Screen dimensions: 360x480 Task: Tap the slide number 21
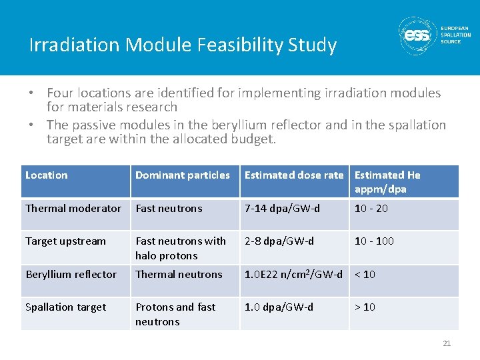tap(447, 343)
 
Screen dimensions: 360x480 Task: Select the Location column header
tap(47, 175)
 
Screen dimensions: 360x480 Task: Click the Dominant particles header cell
tap(183, 175)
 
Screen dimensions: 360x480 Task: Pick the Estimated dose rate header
tap(294, 175)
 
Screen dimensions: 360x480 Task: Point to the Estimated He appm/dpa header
tap(387, 182)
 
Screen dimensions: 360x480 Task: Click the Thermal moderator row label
tap(73, 209)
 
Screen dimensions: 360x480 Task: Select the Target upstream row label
tap(65, 241)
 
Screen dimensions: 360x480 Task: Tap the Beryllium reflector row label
tap(71, 274)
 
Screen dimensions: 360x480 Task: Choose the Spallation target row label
tap(65, 307)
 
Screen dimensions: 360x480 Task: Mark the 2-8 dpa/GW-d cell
tap(279, 241)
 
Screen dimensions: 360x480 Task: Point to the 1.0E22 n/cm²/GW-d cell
tap(293, 274)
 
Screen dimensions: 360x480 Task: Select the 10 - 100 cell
tap(375, 241)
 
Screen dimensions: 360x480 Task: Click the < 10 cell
tap(365, 274)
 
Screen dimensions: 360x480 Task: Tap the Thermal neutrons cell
tap(179, 274)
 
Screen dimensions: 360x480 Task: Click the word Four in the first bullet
tap(60, 93)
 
